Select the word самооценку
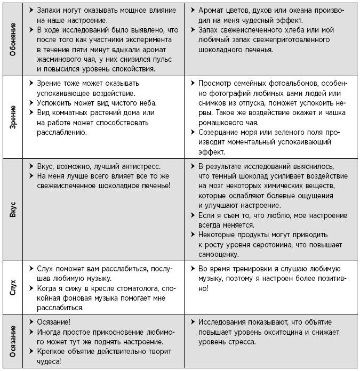219,254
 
